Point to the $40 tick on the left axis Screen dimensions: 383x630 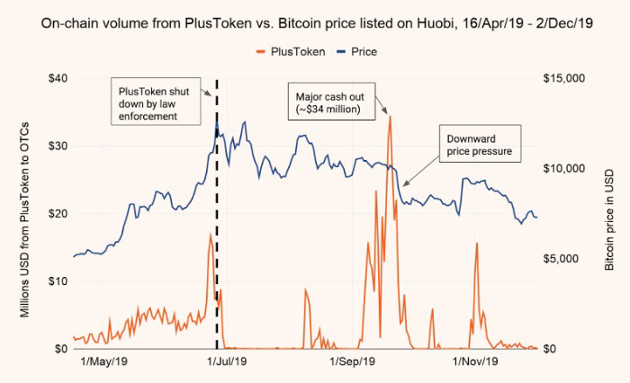[x=55, y=78]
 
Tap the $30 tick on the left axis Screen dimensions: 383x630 [x=55, y=146]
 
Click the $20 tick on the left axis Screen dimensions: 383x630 [x=55, y=213]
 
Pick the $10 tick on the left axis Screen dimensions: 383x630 [x=55, y=281]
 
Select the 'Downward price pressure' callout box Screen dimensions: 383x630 [x=480, y=146]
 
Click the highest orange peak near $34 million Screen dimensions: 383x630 [x=390, y=116]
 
